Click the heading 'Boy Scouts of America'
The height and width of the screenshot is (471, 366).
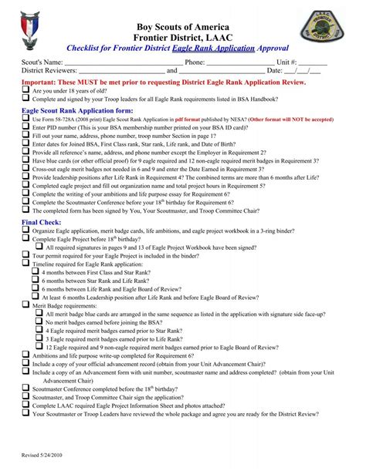pos(183,29)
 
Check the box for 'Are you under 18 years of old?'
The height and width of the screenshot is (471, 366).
pos(25,90)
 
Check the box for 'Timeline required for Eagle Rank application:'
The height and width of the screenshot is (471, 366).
pos(25,263)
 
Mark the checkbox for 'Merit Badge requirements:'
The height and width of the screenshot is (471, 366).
pos(25,305)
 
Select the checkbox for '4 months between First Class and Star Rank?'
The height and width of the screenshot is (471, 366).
pos(38,273)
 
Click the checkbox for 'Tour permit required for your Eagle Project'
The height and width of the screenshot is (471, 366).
pos(25,254)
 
